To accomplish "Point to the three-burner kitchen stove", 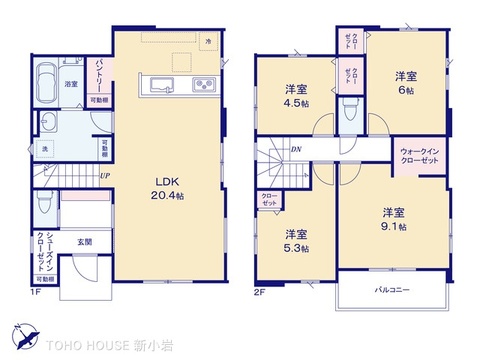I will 203,83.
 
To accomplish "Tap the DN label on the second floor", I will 296,150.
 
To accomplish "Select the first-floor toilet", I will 43,204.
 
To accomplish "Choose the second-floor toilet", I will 346,114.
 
